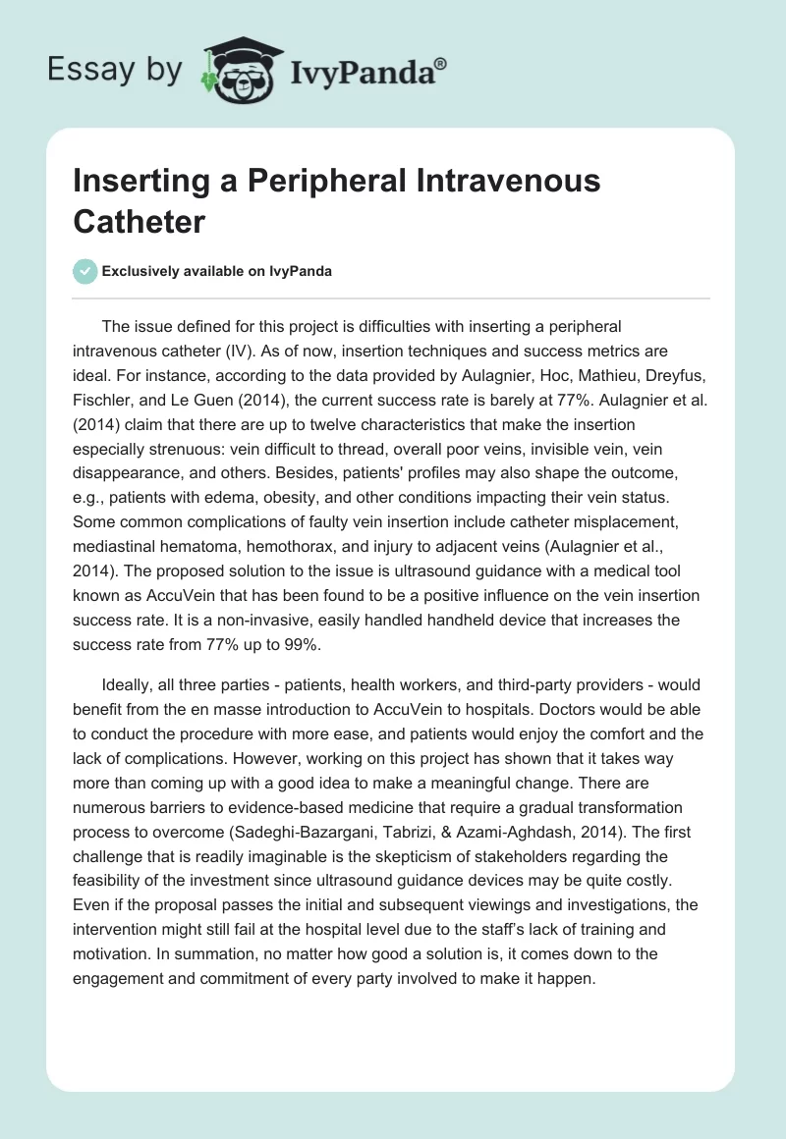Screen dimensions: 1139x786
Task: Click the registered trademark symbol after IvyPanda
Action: [441, 62]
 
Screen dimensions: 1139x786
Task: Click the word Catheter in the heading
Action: [139, 221]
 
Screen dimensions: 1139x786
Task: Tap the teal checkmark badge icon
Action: [84, 271]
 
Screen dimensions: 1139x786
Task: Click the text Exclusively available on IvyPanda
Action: [217, 271]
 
